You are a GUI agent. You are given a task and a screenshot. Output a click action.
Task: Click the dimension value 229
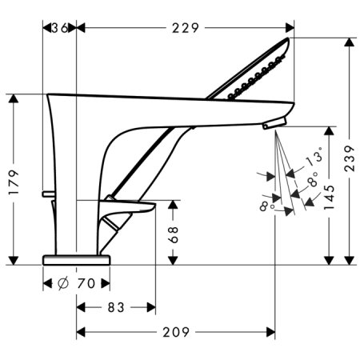[184, 28]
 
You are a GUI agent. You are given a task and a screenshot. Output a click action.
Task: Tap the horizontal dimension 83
[115, 306]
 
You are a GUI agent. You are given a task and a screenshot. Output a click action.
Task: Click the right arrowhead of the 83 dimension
[152, 306]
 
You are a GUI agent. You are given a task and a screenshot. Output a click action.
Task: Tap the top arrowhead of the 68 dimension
[174, 204]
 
